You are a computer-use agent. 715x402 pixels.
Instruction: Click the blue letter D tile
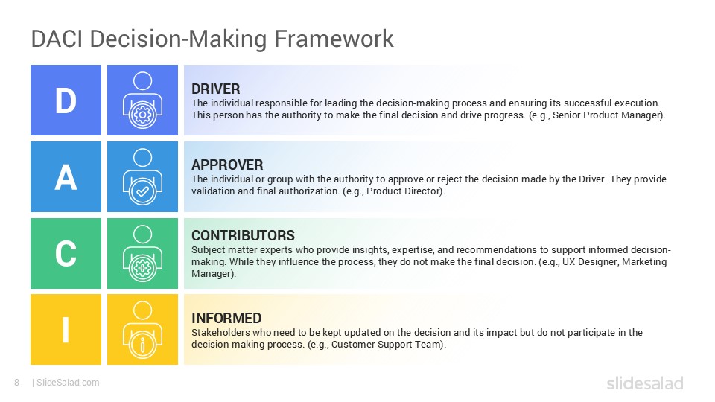pos(66,100)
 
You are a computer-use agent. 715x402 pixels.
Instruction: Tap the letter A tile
pos(66,177)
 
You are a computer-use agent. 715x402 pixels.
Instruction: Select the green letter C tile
pos(66,253)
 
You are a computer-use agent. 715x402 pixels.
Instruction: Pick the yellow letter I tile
pos(66,330)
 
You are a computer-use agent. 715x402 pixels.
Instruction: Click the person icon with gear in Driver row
pos(142,100)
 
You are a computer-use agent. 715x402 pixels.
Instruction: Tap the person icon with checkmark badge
pos(142,177)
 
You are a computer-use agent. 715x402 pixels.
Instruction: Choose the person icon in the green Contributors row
pos(142,253)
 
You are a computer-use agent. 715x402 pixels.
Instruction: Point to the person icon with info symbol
pos(142,330)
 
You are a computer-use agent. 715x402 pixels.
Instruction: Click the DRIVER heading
pos(215,89)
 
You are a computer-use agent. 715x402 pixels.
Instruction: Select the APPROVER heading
pos(227,165)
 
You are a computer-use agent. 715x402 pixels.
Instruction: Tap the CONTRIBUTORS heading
pos(243,236)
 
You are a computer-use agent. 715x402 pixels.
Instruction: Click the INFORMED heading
pos(226,319)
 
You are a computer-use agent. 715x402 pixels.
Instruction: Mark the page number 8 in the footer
pos(16,383)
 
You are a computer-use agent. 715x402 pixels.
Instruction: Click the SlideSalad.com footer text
pos(67,383)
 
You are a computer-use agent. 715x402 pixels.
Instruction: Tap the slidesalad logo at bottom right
pos(644,383)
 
